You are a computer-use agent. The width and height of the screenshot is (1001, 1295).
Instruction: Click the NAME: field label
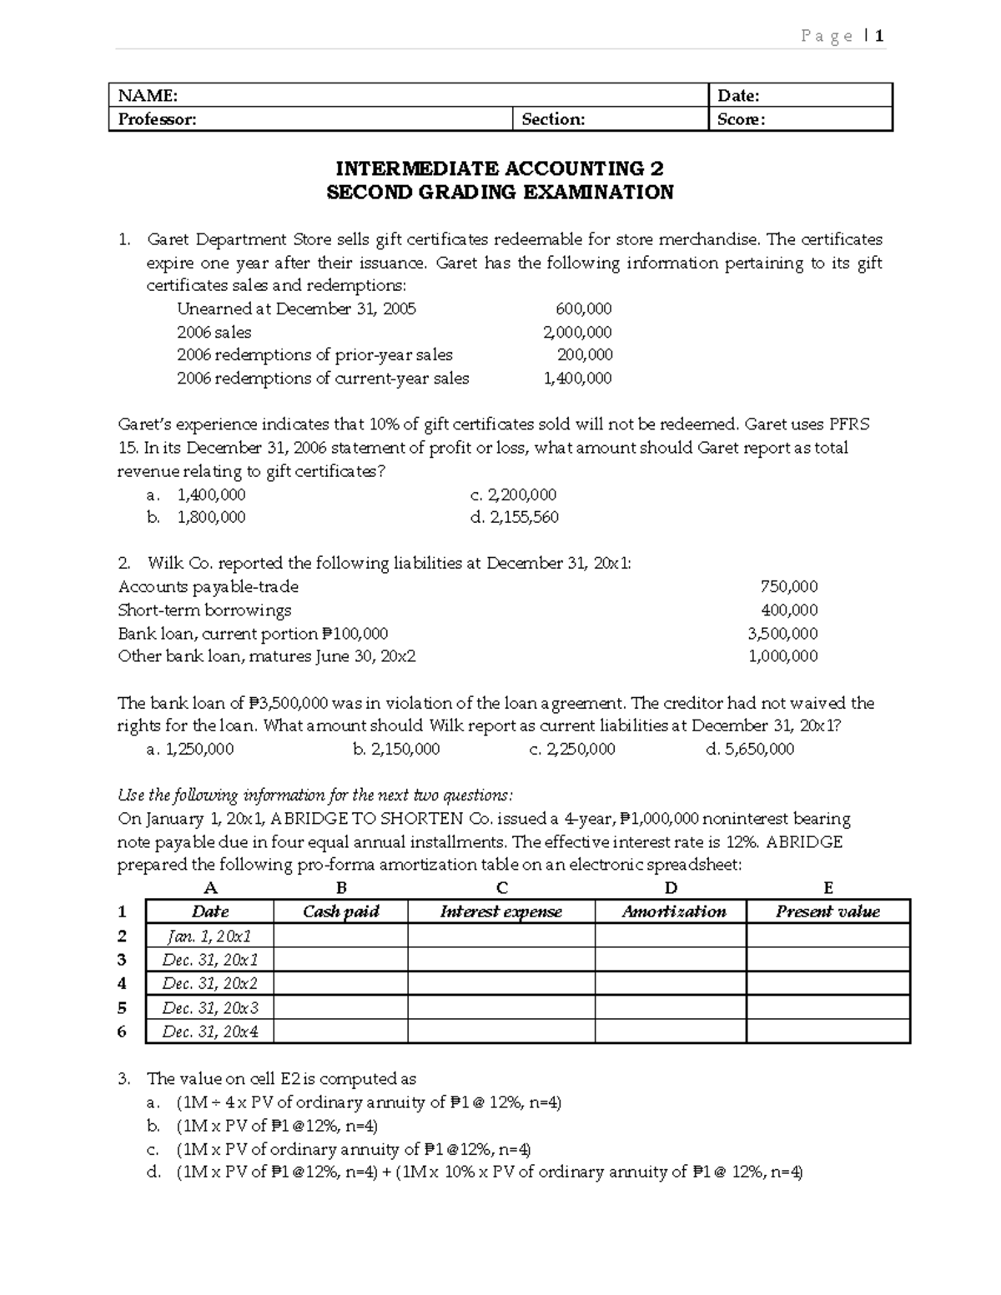click(x=148, y=96)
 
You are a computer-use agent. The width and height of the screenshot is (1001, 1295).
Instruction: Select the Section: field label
click(x=553, y=119)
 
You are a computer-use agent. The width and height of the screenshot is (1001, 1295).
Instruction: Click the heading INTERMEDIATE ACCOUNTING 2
click(x=500, y=169)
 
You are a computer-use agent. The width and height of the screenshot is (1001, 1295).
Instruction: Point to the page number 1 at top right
click(x=879, y=36)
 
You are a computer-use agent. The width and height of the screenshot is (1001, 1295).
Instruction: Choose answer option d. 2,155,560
click(x=515, y=517)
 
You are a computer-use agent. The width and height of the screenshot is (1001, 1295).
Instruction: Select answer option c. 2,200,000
click(x=514, y=494)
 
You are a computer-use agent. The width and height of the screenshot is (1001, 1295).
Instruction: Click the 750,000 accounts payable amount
click(x=789, y=586)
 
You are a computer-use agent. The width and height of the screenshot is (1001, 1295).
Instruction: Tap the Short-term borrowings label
click(x=204, y=610)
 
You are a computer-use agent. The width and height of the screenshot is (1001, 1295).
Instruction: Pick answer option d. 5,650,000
click(x=750, y=749)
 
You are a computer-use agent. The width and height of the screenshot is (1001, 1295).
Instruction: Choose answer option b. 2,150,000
click(x=396, y=749)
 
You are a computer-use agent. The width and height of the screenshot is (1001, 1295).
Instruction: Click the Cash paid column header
click(x=340, y=911)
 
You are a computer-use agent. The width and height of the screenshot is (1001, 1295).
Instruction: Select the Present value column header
click(x=827, y=911)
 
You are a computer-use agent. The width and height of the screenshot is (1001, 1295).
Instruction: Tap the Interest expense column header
click(x=500, y=911)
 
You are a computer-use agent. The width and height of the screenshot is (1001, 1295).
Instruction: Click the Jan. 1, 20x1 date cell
click(x=209, y=936)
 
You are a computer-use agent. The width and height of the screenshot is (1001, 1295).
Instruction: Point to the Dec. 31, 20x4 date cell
click(x=209, y=1031)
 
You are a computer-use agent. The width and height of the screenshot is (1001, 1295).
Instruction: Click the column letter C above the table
click(x=501, y=888)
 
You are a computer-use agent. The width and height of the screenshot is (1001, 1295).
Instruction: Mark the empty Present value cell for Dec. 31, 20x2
click(x=827, y=983)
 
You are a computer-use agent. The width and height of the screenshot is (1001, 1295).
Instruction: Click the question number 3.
click(x=123, y=1078)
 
